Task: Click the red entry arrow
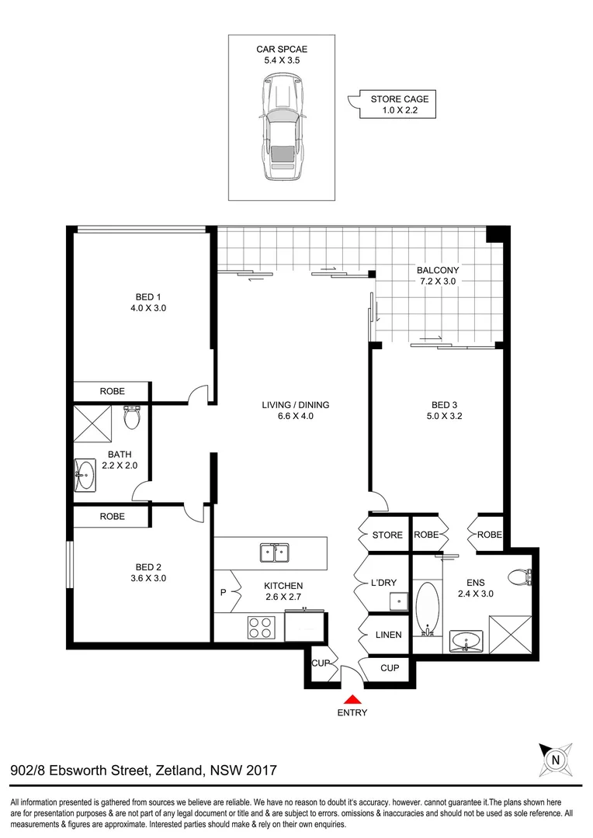point(353,699)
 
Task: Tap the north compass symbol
point(555,758)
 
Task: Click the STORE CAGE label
point(400,99)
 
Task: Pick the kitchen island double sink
point(275,553)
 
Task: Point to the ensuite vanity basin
point(466,642)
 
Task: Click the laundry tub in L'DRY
point(399,601)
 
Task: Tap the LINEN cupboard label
point(388,635)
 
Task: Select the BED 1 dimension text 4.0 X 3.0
point(147,308)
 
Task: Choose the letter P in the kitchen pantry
point(224,594)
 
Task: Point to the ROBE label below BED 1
point(112,391)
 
